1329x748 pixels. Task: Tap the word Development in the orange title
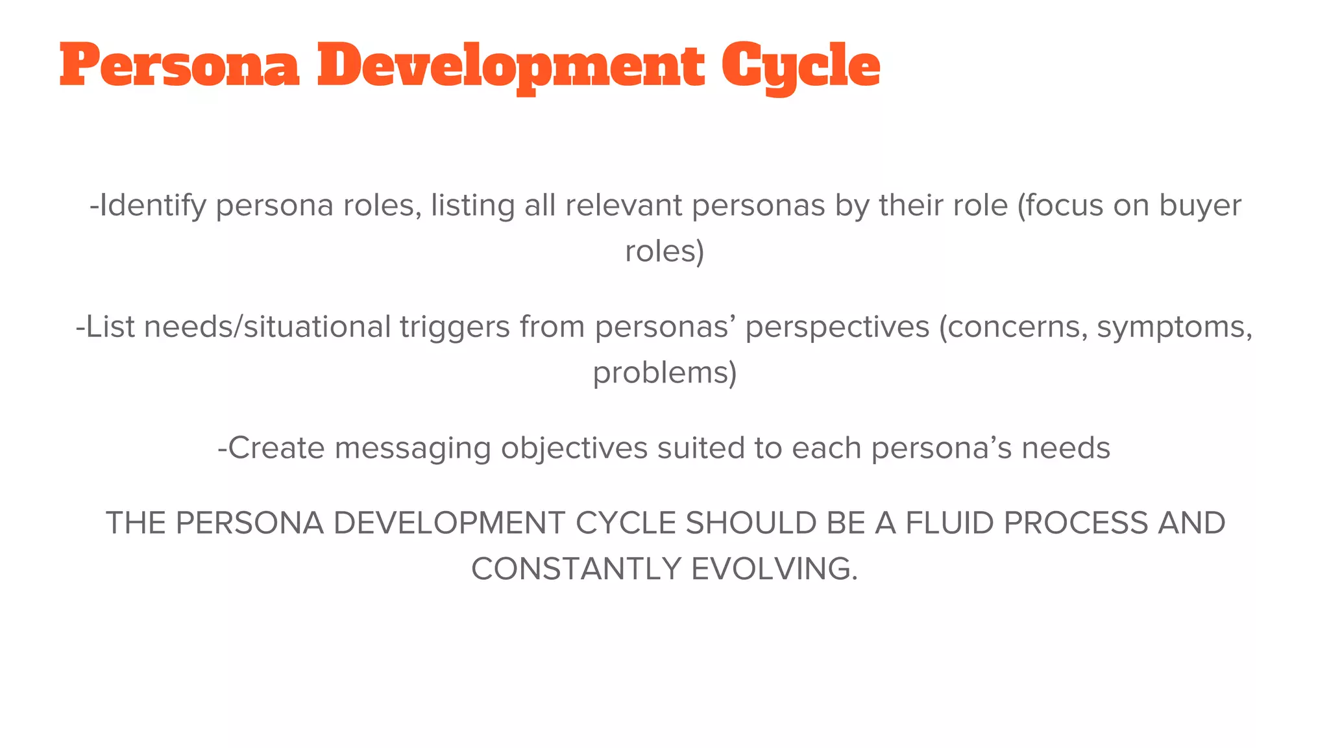coord(511,66)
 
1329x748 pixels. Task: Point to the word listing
coord(472,206)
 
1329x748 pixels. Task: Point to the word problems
coord(664,373)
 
